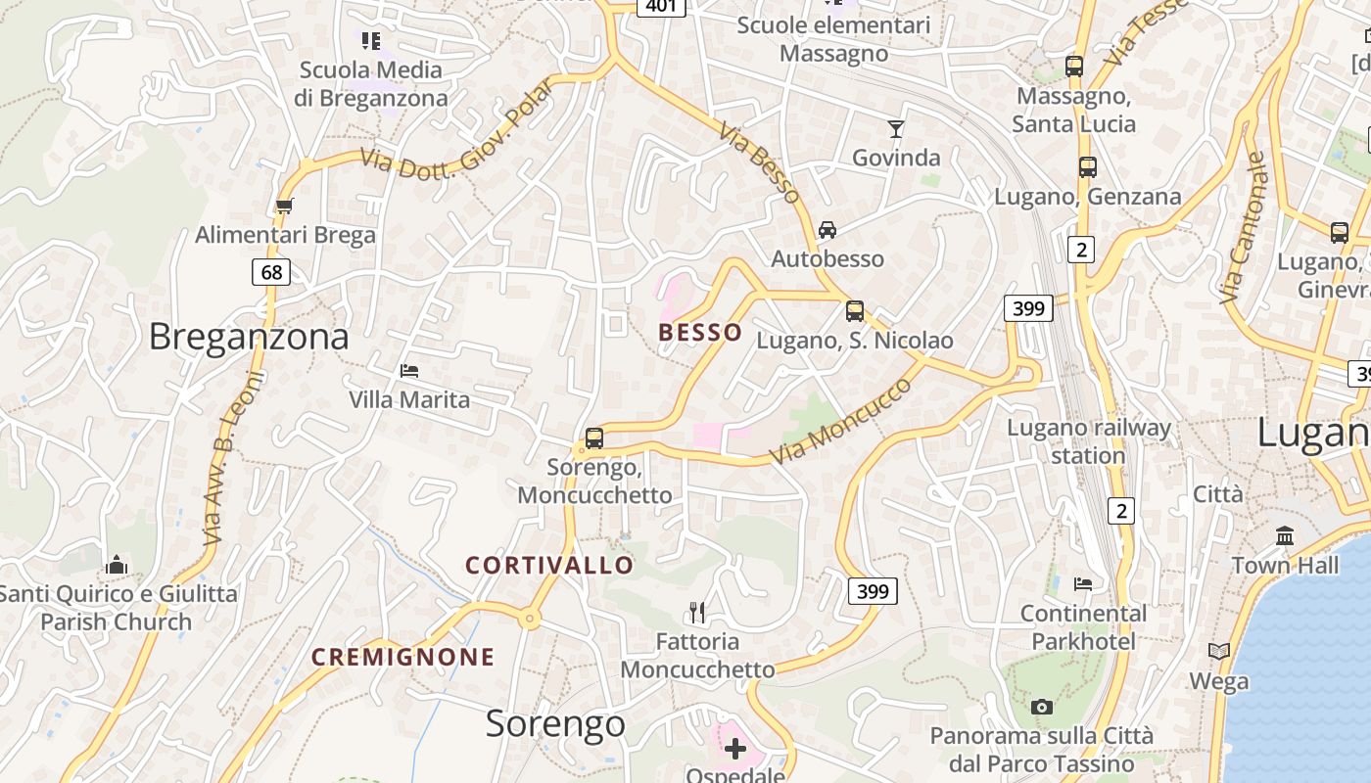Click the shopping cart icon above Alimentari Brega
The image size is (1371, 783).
coord(284,206)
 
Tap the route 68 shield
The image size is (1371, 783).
coord(271,271)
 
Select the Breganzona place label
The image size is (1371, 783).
coord(249,337)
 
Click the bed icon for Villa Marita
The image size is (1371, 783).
coord(409,370)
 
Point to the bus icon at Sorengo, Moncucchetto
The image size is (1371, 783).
coord(594,438)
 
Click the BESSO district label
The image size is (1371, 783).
coord(700,333)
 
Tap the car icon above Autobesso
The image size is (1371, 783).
coord(827,230)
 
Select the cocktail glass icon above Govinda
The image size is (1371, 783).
coord(895,128)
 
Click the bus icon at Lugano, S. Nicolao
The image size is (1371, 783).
coord(855,311)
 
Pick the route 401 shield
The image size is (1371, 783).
coord(661,6)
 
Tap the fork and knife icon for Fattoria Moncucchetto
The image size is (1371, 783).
coord(697,613)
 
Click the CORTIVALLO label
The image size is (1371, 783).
coord(549,566)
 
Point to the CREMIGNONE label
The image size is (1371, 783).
coord(403,657)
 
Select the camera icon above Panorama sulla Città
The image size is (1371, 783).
coord(1042,706)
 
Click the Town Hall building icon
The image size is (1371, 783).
coord(1285,535)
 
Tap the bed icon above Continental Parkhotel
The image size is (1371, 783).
coord(1083,584)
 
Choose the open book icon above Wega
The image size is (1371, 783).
coord(1219,651)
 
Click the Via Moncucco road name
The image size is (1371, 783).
coord(840,421)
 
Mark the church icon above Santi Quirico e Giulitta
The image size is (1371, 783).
coord(117,565)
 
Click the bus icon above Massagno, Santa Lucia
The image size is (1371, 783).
coord(1074,67)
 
